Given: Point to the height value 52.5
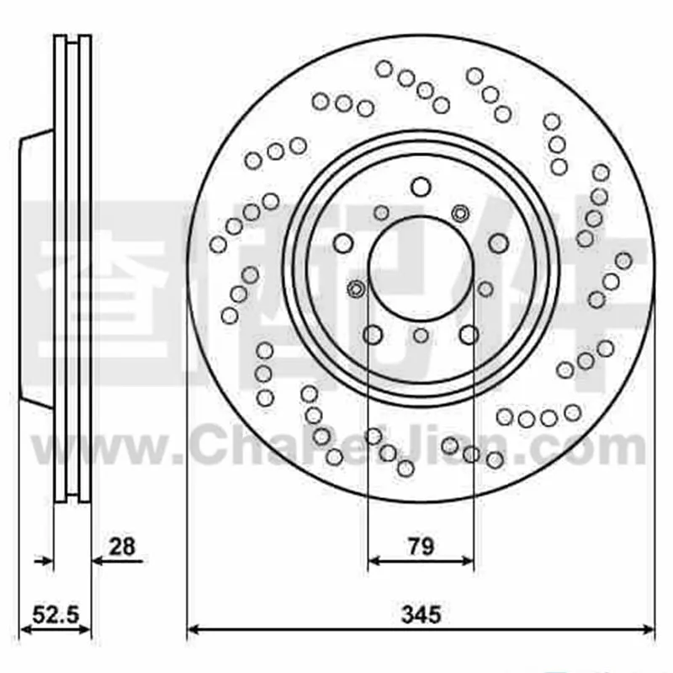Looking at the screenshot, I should [x=55, y=613].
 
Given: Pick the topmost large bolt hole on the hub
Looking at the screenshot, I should [x=421, y=187].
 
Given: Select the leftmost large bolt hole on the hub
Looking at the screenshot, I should [x=342, y=244].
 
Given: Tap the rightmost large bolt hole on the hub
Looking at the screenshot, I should [x=499, y=243].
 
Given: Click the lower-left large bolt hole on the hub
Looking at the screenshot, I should [x=373, y=335].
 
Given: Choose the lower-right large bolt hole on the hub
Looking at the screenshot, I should [x=469, y=335].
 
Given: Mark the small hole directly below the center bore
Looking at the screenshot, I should [x=421, y=336].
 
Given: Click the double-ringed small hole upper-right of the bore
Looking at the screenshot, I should [x=460, y=213].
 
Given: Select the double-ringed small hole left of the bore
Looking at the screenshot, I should [x=356, y=289].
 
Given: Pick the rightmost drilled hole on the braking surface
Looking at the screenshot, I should [x=623, y=261].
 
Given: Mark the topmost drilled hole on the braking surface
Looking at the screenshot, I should [x=384, y=69].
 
